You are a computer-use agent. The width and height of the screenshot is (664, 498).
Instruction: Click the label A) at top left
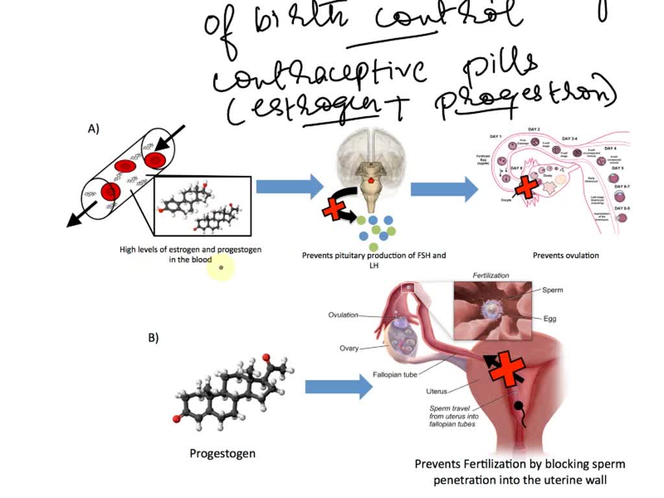point(93,129)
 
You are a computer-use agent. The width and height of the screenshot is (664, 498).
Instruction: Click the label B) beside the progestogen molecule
point(153,337)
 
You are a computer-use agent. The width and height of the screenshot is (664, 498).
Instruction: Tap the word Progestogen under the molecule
point(222,453)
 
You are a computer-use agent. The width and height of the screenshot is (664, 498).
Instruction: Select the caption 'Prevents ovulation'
point(565,255)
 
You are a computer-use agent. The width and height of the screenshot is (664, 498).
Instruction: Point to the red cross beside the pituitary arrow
point(334,209)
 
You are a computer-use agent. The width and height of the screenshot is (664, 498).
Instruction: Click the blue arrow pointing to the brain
point(289,187)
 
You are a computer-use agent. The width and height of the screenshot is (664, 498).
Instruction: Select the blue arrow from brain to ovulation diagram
point(444,189)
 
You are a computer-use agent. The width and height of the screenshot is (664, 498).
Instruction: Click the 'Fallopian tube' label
point(394,375)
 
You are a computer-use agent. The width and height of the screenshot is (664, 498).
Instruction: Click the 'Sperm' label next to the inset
point(552,290)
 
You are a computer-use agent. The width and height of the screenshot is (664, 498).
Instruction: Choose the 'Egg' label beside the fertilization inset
point(550,318)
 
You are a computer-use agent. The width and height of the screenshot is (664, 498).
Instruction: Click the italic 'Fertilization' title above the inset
point(491,276)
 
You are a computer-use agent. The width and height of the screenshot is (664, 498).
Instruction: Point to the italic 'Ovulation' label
point(343,315)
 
